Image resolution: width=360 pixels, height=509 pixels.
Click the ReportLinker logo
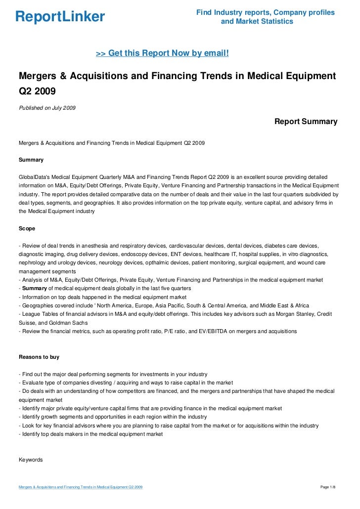(x=60, y=17)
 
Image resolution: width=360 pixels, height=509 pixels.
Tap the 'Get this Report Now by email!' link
(x=162, y=53)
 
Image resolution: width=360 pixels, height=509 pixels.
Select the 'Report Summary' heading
(x=306, y=121)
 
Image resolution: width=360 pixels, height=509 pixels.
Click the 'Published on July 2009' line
(x=47, y=108)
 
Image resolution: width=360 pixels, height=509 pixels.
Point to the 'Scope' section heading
(x=27, y=229)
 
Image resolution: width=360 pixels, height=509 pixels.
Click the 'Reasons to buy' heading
(x=39, y=357)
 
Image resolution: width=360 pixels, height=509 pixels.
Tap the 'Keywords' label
(x=31, y=460)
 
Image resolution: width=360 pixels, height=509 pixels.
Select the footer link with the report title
(x=81, y=488)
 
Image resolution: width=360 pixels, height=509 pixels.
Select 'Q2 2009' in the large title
(x=37, y=92)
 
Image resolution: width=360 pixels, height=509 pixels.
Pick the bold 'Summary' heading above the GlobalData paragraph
(x=31, y=160)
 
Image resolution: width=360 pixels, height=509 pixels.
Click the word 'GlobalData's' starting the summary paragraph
(x=35, y=176)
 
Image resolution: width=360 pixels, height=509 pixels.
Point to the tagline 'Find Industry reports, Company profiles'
(x=266, y=12)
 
